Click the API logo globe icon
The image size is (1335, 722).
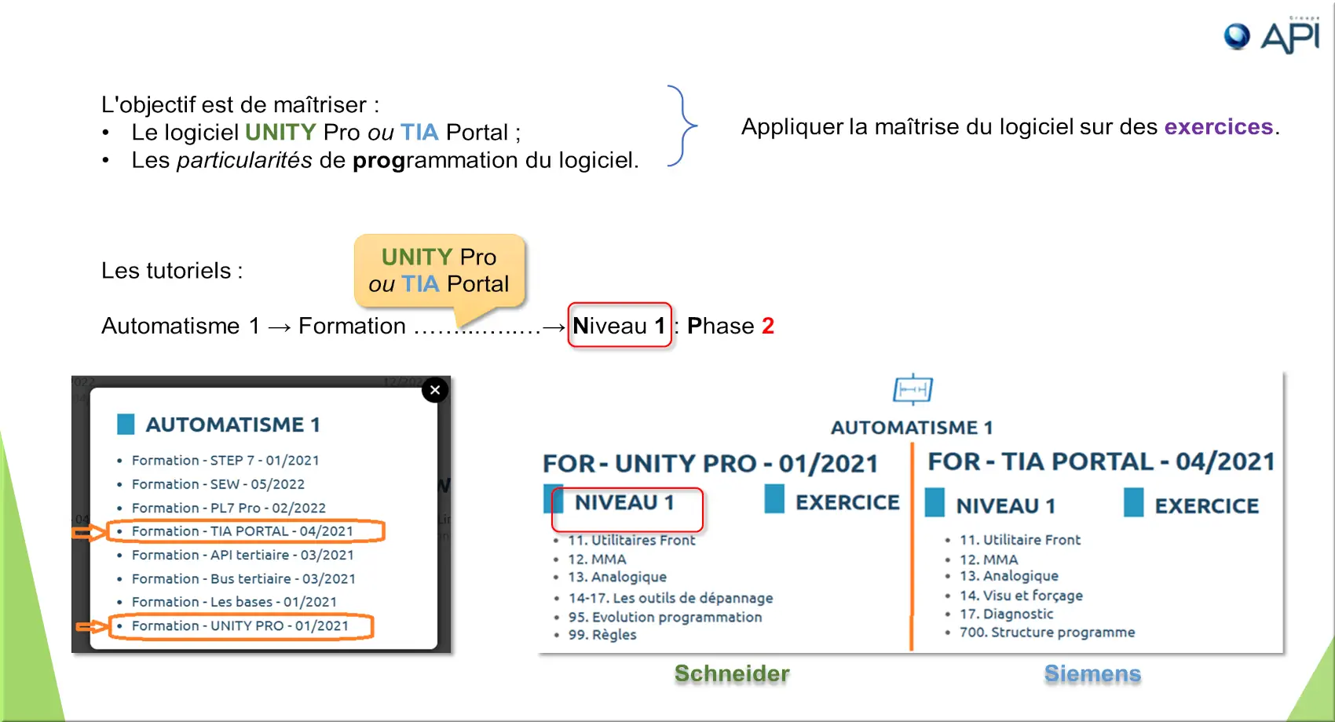click(1237, 36)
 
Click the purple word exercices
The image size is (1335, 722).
click(1219, 126)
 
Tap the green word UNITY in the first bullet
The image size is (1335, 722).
click(280, 132)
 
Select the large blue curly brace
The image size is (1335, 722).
click(683, 126)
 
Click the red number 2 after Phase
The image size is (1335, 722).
click(768, 326)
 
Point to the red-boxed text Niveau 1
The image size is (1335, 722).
click(620, 326)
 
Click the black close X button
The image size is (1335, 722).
click(435, 390)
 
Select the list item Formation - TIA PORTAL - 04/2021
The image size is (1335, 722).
click(243, 531)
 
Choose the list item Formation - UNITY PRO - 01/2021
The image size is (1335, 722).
click(240, 625)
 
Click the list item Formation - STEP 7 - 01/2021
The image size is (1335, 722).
click(225, 461)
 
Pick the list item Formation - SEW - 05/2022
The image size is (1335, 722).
click(218, 484)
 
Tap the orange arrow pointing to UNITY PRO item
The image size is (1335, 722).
click(91, 626)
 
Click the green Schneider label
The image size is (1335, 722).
click(732, 673)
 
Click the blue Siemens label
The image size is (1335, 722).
click(1092, 673)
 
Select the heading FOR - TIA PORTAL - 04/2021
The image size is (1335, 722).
click(1101, 461)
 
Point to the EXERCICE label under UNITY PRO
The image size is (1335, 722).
click(847, 502)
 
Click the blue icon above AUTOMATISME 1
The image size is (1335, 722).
click(913, 389)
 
